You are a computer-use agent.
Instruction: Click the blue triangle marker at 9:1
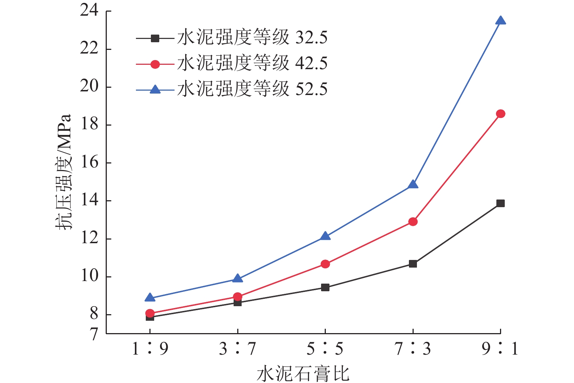click(x=500, y=21)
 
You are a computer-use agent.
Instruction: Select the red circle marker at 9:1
click(x=500, y=114)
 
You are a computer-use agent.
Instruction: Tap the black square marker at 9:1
click(x=500, y=203)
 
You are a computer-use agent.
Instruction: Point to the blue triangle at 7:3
click(x=413, y=185)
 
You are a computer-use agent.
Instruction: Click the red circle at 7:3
click(x=413, y=222)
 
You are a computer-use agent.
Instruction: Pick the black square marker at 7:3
click(x=413, y=264)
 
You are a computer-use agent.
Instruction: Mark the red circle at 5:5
click(x=325, y=264)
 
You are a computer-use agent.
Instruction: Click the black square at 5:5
click(x=325, y=287)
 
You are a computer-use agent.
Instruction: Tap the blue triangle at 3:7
click(x=237, y=279)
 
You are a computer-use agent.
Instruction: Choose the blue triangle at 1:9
click(x=150, y=298)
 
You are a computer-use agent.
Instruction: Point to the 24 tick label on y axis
click(x=90, y=11)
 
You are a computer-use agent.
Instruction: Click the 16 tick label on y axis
click(x=90, y=162)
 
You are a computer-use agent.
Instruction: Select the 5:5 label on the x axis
click(x=325, y=349)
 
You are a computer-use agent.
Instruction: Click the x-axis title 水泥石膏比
click(x=303, y=374)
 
